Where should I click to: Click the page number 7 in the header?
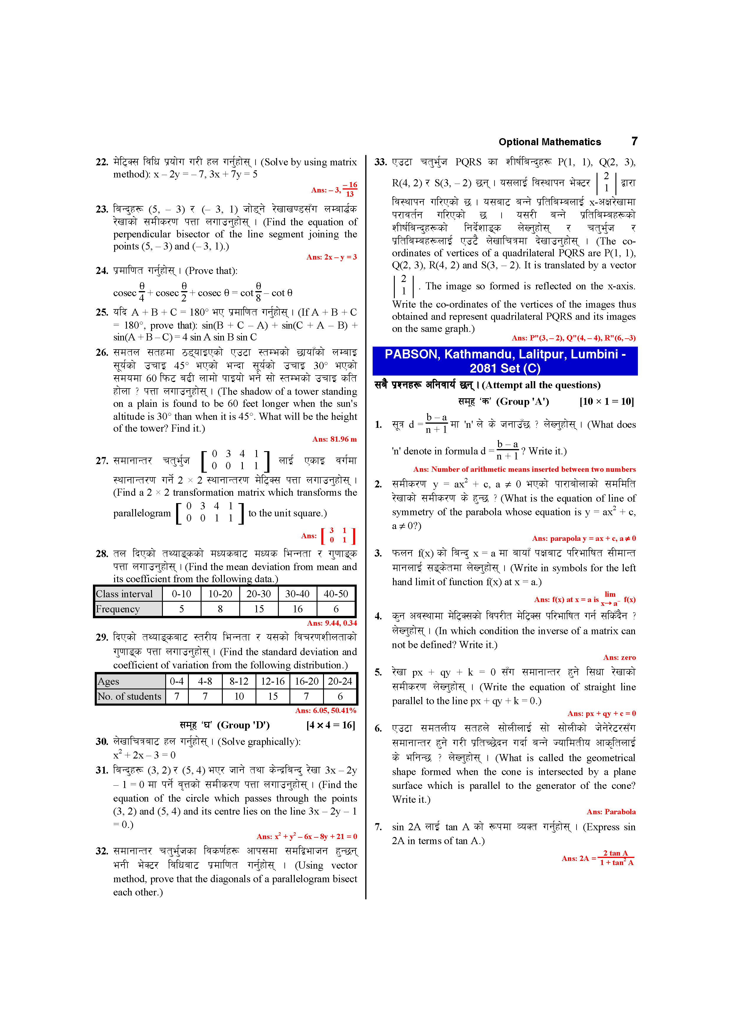(x=634, y=141)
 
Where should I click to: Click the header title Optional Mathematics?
(x=549, y=142)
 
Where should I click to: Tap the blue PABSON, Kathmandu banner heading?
(x=505, y=361)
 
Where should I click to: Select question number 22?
(x=102, y=162)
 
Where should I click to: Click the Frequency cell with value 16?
(x=298, y=609)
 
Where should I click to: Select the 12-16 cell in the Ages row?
(x=273, y=681)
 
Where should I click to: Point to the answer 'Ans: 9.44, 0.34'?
(x=332, y=623)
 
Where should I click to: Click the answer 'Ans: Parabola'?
(x=611, y=812)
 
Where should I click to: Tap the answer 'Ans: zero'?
(x=619, y=658)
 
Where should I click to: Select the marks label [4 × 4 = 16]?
(x=331, y=725)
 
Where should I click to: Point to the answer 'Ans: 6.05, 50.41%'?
(x=326, y=711)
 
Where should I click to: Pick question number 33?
(x=381, y=162)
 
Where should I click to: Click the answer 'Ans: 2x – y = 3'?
(x=332, y=257)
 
